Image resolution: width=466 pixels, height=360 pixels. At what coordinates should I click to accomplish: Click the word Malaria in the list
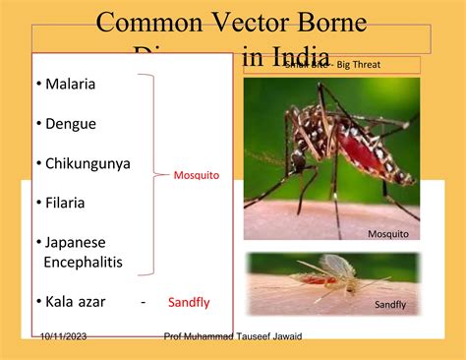click(x=70, y=85)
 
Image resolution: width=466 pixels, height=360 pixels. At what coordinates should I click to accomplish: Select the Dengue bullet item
click(x=71, y=124)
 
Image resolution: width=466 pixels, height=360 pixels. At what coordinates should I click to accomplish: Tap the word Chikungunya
click(x=87, y=163)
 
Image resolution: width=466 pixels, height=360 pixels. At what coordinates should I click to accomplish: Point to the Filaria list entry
click(x=65, y=203)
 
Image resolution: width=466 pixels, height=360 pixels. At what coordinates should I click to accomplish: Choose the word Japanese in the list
click(x=75, y=242)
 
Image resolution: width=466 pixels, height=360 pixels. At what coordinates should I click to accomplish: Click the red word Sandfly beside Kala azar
click(x=189, y=302)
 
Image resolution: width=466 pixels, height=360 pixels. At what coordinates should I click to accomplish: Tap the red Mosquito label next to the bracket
click(x=197, y=175)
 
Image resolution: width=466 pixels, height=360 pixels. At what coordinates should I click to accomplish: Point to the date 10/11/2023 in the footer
click(x=64, y=336)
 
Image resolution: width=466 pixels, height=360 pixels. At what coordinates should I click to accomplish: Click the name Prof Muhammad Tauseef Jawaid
click(x=233, y=336)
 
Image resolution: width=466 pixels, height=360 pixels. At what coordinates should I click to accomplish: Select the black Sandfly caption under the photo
click(x=390, y=305)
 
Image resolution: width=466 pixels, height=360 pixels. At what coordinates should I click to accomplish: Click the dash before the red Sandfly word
click(x=143, y=302)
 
